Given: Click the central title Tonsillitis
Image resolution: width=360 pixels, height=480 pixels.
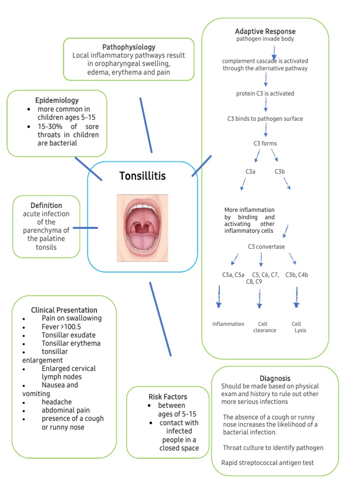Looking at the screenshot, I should (x=142, y=176).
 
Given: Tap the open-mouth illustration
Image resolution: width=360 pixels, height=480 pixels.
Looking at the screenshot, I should (x=142, y=227).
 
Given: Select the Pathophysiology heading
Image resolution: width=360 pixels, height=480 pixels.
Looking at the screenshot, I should (x=129, y=47).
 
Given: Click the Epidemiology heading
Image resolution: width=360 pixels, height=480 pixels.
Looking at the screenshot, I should (x=57, y=100).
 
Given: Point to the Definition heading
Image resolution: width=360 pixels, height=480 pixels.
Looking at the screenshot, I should (x=46, y=205).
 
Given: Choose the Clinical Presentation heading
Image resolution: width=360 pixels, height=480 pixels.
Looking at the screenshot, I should (x=64, y=310).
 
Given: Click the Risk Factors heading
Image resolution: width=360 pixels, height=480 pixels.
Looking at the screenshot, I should (x=167, y=397).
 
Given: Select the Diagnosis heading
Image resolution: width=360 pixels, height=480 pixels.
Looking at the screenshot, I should (x=275, y=378).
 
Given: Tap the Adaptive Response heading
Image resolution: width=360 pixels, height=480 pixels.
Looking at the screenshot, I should (x=265, y=31).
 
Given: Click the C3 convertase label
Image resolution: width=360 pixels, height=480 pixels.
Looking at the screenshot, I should (x=266, y=247).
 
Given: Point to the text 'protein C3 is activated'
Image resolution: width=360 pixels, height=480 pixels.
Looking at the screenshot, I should (x=265, y=93).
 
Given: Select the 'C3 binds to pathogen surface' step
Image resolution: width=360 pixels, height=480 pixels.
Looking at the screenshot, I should (x=265, y=119).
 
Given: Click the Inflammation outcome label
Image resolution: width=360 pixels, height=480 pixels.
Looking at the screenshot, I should (x=228, y=324).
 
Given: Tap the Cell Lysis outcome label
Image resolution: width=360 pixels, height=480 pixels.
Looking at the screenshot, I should (x=297, y=327).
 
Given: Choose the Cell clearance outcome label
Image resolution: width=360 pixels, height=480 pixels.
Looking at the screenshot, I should (x=264, y=327).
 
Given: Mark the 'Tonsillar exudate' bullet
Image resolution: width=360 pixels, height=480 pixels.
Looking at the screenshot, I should (x=68, y=335).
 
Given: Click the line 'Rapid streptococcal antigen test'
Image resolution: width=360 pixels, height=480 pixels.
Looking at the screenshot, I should (x=267, y=463).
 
